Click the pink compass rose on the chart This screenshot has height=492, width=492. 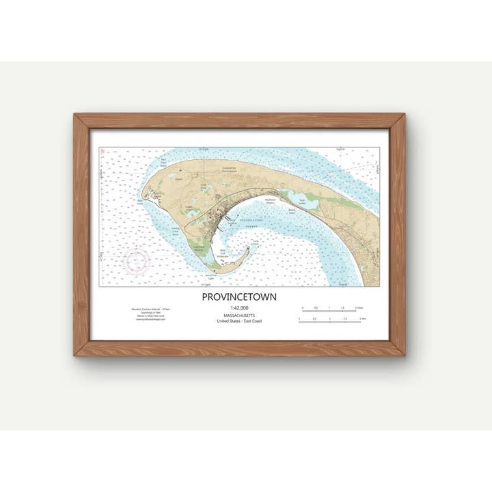tap(137, 260)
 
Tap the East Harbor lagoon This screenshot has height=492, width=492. tap(299, 200)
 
